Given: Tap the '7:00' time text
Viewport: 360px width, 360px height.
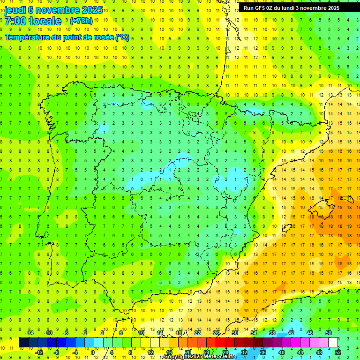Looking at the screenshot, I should [15, 21].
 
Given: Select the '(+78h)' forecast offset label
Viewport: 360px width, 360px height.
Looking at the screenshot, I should [81, 21].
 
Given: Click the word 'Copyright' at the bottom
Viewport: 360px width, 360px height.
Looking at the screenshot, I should [177, 357].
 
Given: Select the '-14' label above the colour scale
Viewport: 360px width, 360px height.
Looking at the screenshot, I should [29, 333].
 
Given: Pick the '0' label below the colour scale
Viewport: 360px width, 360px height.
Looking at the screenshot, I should [93, 352].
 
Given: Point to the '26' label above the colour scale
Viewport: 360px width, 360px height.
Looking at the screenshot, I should [216, 333].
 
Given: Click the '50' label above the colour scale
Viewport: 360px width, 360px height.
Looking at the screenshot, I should [329, 333].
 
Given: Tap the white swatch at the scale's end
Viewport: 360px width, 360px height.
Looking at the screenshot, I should [333, 343].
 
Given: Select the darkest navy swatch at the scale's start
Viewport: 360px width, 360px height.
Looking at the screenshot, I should [23, 343].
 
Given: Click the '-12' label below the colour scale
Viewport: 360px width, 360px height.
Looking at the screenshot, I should [39, 352].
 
